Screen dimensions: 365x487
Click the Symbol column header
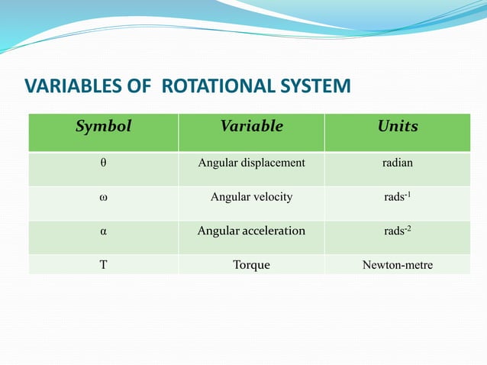tap(103, 127)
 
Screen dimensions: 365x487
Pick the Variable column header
tap(251, 127)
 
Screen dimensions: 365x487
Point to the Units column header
tap(398, 127)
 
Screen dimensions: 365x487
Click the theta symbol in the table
tap(104, 163)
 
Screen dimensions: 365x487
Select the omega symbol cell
tap(103, 197)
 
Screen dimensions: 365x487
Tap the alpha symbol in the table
tap(103, 231)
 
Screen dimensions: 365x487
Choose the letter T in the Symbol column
tap(103, 265)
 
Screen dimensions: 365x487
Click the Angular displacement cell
tap(251, 163)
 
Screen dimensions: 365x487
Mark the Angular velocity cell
tap(251, 197)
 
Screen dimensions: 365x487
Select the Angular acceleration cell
tap(251, 231)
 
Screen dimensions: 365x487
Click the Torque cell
tap(251, 265)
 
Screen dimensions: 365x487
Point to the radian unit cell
tap(398, 163)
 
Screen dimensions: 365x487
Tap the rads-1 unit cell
tap(398, 196)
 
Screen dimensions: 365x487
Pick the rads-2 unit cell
tap(398, 231)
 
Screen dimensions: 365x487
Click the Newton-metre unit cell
tap(398, 265)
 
